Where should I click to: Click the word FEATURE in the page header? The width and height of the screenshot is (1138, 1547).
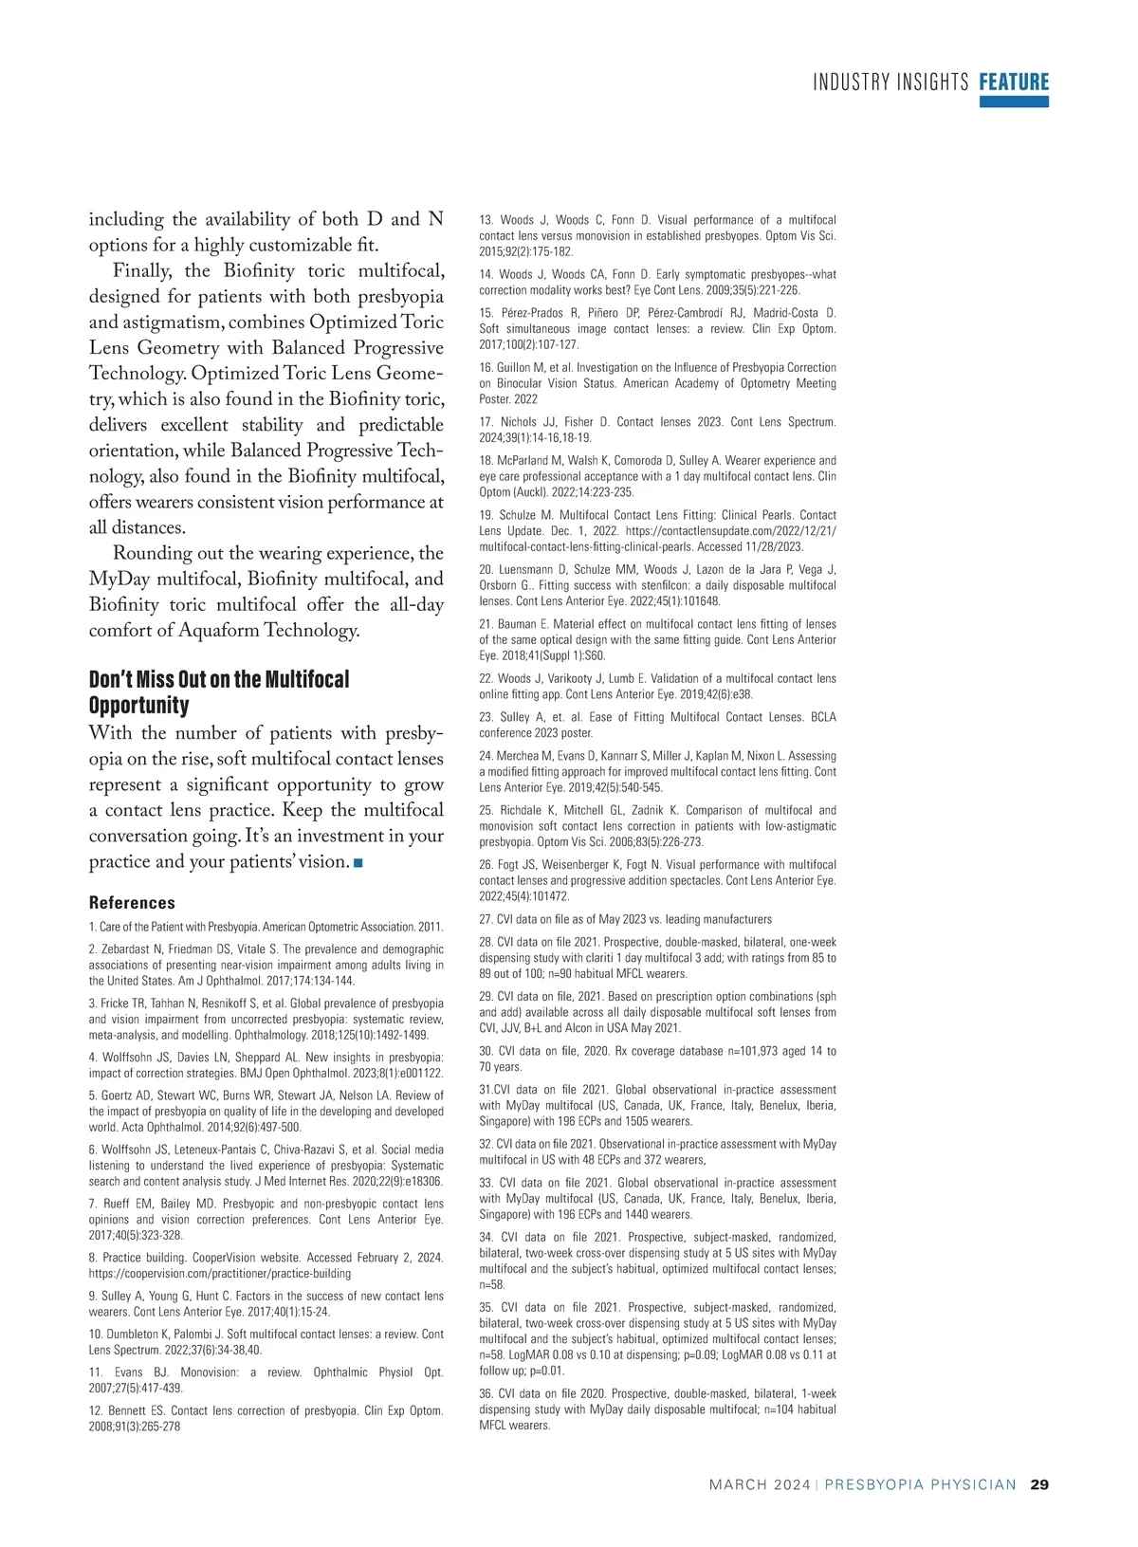(1014, 83)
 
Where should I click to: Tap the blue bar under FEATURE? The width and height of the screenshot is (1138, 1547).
(1014, 101)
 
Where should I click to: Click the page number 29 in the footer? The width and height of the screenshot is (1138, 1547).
(1039, 1484)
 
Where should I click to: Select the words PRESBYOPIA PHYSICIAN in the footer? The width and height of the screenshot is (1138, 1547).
(920, 1484)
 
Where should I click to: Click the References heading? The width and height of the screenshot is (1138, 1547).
(132, 903)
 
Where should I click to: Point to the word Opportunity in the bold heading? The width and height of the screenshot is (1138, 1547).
(138, 706)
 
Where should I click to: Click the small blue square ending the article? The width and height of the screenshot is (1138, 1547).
(358, 862)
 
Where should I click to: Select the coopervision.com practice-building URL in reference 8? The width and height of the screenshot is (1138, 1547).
(220, 1274)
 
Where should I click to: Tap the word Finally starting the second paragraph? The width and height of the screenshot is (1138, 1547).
(142, 271)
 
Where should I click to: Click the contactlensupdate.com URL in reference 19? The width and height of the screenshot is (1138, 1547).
(730, 531)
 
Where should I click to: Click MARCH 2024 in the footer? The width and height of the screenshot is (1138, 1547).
(760, 1484)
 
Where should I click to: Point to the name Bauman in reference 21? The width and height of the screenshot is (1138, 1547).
(517, 624)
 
